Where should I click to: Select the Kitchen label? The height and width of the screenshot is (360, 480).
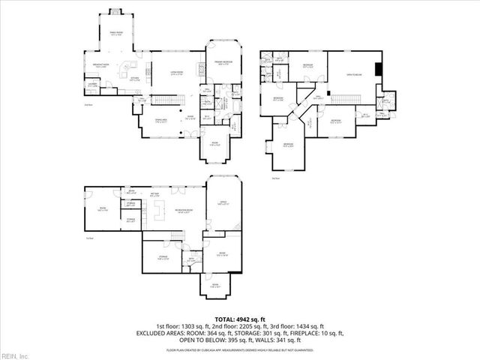point(136,77)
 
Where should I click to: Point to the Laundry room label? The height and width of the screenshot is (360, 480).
point(92,86)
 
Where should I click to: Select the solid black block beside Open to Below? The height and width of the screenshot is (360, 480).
point(378,69)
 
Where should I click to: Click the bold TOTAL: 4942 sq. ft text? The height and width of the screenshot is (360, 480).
point(241,319)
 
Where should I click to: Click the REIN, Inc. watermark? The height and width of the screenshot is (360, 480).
point(14,355)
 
